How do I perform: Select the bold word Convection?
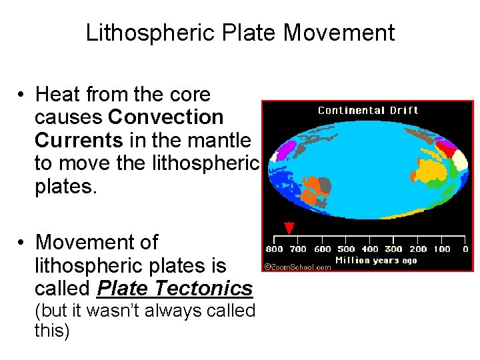(166, 117)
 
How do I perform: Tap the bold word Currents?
(79, 141)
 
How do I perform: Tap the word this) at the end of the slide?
(52, 331)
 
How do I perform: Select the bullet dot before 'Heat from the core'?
(22, 95)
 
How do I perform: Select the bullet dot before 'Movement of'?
(22, 243)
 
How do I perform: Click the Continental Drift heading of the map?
(368, 110)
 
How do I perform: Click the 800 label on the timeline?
(274, 249)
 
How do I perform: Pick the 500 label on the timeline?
(346, 249)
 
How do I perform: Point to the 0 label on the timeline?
(465, 249)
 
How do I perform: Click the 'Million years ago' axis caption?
(375, 260)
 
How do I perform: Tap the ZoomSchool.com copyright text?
(297, 267)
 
